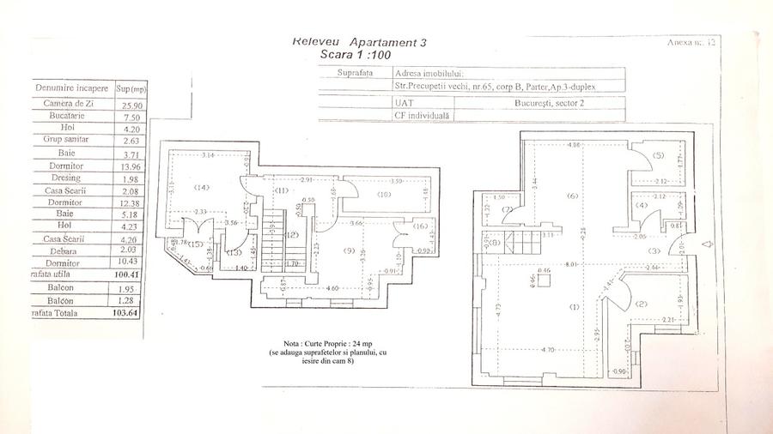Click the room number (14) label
click(201, 187)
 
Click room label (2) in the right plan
click(641, 304)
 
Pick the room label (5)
click(658, 155)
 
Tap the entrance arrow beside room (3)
click(706, 244)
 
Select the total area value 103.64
click(131, 314)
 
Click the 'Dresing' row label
click(69, 178)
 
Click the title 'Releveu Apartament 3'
click(358, 41)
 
